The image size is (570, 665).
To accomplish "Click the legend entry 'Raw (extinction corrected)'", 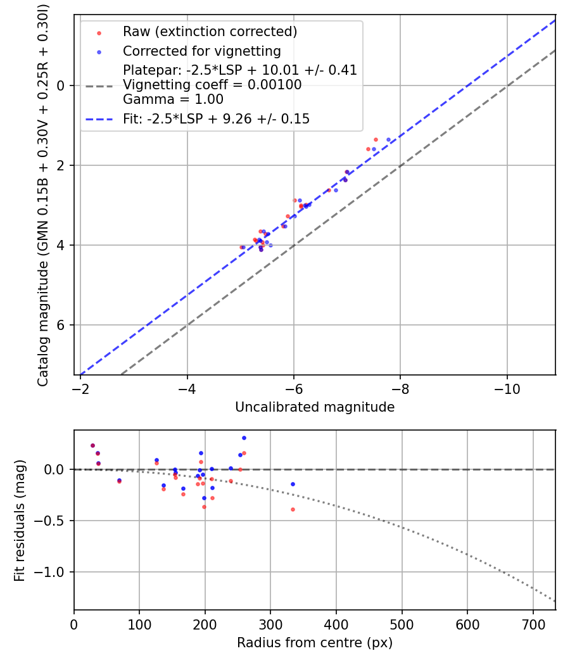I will [x=210, y=32].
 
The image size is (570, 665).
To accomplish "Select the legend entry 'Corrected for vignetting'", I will [x=201, y=51].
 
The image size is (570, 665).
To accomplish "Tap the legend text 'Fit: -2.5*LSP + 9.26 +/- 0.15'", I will [x=216, y=118].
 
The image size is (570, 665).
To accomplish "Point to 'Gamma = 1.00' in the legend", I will [x=173, y=99].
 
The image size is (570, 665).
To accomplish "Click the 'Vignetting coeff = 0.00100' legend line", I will [x=212, y=84].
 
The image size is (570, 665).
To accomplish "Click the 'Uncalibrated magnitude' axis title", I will [x=315, y=407].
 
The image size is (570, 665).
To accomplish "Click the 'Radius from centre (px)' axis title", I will [x=315, y=643].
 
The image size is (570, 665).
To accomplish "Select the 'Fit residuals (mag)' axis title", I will [x=20, y=521].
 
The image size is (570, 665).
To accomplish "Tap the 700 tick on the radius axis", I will [x=533, y=624].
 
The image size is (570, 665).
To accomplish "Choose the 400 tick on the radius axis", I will [x=336, y=624].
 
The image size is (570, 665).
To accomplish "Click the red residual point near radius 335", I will [x=293, y=509].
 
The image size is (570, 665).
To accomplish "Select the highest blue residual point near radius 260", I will [x=244, y=438].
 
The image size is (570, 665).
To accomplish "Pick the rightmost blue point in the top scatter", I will [x=388, y=139].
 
